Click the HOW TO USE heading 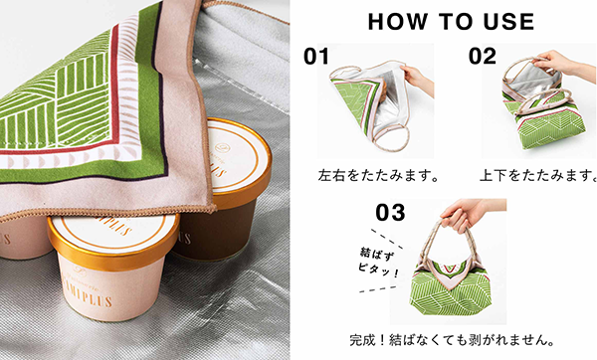[451, 22]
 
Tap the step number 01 [316, 57]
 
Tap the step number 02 [483, 56]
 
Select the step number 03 [390, 212]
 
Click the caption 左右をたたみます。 [379, 176]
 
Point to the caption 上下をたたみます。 [538, 176]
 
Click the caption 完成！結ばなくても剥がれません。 [452, 340]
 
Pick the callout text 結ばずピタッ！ [378, 263]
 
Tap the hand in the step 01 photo [419, 79]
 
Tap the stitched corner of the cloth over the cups [210, 208]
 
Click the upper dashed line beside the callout [386, 239]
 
